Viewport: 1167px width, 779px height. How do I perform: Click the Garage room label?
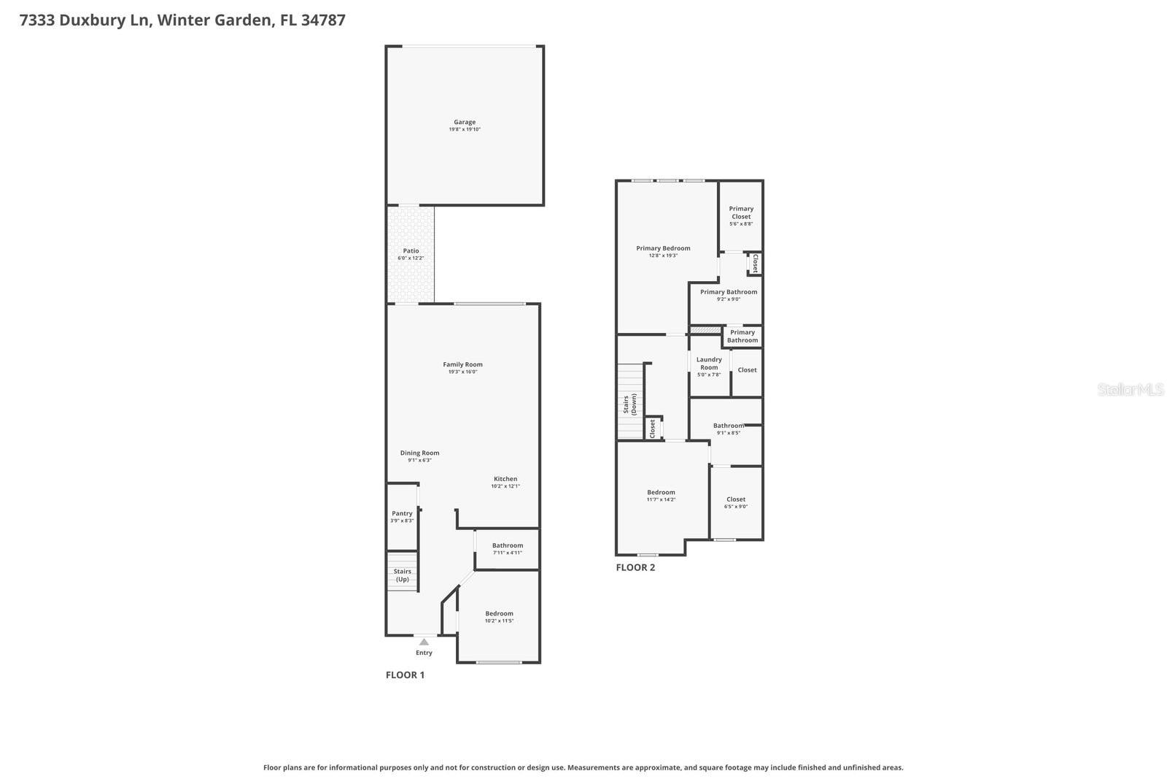(x=465, y=123)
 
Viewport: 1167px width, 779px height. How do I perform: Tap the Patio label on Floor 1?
(x=411, y=251)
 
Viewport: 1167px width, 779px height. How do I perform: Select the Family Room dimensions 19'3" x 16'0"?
(x=463, y=372)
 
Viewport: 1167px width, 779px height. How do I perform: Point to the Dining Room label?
(x=419, y=453)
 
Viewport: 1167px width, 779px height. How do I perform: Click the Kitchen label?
(x=505, y=479)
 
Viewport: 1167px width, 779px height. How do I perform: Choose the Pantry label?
(x=402, y=513)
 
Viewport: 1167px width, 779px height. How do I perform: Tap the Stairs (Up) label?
(x=402, y=575)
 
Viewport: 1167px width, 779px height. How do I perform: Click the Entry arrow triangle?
(x=424, y=642)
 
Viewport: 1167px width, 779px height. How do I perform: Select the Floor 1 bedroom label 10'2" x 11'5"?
(x=500, y=617)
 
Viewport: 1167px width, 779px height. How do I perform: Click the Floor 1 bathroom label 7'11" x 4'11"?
(x=507, y=548)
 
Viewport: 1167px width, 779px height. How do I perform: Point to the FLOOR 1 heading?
(x=405, y=675)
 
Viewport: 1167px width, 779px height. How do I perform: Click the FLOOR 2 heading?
(x=635, y=567)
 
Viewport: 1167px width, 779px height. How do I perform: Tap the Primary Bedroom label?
(x=663, y=248)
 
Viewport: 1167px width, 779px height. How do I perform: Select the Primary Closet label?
(x=741, y=212)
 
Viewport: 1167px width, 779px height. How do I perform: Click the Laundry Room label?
(x=709, y=363)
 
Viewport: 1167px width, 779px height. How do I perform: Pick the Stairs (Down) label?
(x=630, y=404)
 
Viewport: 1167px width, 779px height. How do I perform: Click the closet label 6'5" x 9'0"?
(x=736, y=502)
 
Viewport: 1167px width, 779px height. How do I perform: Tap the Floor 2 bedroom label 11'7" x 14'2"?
(x=661, y=495)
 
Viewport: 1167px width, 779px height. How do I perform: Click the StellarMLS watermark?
(x=1131, y=390)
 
